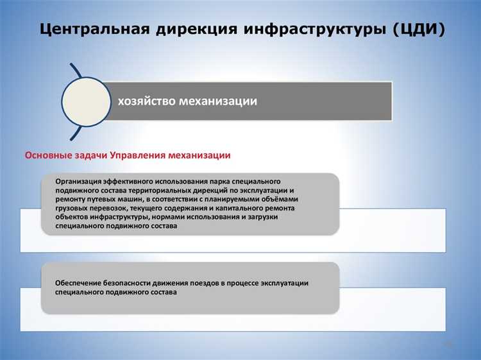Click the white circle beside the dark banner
coord(86,101)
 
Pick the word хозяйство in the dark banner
coord(144,101)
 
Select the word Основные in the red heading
coord(47,155)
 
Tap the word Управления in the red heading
coord(138,155)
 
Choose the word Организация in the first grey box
coord(79,182)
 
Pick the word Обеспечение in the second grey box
coord(79,283)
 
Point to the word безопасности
coord(131,283)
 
